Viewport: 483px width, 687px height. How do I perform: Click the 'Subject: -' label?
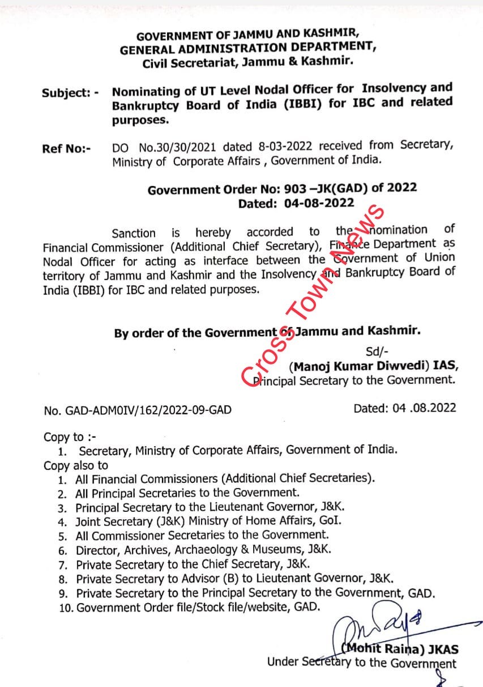click(x=70, y=92)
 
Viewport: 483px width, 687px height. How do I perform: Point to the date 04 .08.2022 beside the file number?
click(x=404, y=408)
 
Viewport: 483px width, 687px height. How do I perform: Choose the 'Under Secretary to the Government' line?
click(x=362, y=663)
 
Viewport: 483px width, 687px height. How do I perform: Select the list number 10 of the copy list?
click(x=66, y=608)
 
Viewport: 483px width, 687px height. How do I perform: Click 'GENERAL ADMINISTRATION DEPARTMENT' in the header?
click(x=248, y=49)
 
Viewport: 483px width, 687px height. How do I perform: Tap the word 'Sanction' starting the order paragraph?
click(x=134, y=233)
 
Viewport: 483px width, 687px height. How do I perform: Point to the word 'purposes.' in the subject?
click(x=140, y=120)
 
